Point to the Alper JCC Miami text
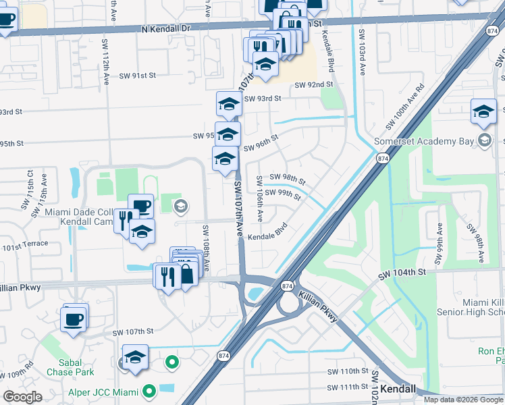[x=102, y=391]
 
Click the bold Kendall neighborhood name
[x=400, y=390]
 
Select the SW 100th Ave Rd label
[x=405, y=107]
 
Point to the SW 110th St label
[x=348, y=372]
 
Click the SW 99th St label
[x=283, y=195]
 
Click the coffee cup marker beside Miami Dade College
[x=140, y=206]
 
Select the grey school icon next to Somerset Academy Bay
[x=483, y=140]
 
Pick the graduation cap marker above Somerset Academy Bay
[x=483, y=112]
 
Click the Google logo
[x=22, y=397]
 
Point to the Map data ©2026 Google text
[x=463, y=400]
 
